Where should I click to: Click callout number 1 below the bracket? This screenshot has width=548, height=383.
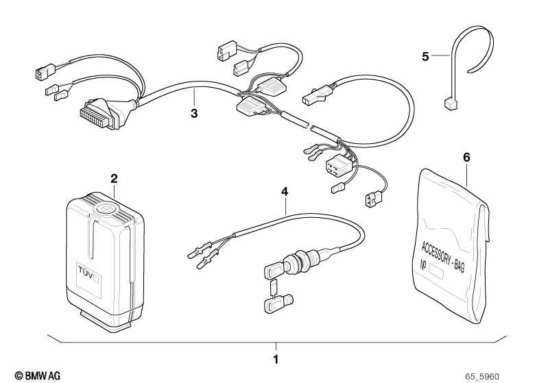point(276,359)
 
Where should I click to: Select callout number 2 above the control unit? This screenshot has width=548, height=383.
point(114,179)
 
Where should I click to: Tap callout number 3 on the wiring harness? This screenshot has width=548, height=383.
point(194,113)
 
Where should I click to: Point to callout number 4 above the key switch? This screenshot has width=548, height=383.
point(285,191)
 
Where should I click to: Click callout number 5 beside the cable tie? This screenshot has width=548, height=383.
point(425,57)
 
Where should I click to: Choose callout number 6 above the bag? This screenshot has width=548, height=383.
point(466,158)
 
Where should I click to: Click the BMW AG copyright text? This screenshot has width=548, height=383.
point(38,375)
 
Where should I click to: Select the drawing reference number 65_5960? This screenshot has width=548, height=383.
point(482,377)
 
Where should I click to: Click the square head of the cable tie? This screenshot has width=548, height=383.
point(451,103)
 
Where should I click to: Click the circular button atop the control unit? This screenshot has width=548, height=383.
point(106,210)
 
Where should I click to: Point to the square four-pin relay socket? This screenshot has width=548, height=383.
point(337,166)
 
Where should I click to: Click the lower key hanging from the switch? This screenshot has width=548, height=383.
point(278,303)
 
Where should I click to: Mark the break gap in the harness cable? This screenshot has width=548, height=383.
point(310,126)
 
